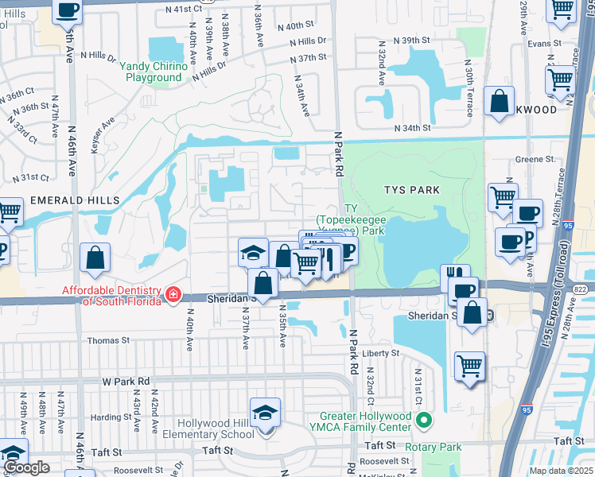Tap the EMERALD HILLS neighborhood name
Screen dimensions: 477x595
coord(75,200)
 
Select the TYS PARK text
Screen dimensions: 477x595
coord(411,190)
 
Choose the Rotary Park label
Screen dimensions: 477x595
coord(433,447)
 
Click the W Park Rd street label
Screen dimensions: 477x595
coord(126,382)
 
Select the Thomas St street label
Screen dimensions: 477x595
coord(108,340)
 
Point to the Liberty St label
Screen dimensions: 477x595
coord(380,353)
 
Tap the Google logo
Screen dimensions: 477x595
coord(26,467)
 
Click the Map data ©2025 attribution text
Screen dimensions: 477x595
coord(560,471)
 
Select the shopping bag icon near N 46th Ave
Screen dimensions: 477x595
coord(95,258)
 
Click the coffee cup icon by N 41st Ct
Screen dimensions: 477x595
coord(68,10)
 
